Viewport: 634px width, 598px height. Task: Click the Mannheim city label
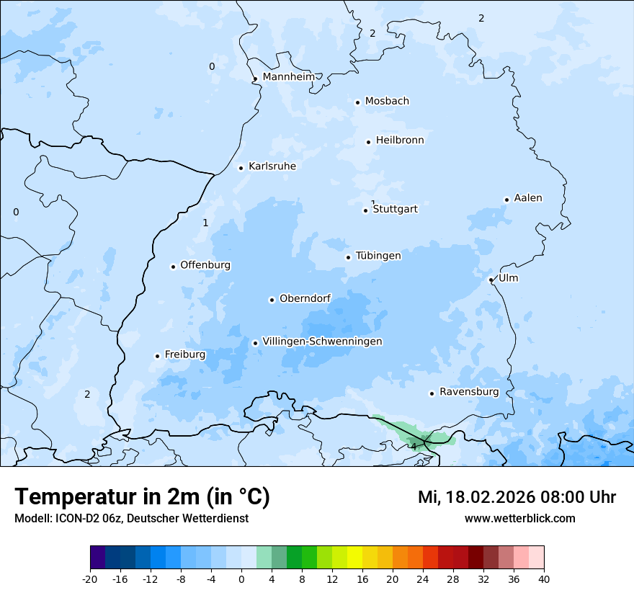tap(288, 77)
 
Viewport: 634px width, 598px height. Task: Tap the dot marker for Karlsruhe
tap(241, 168)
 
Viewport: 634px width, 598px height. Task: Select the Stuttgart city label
tap(395, 210)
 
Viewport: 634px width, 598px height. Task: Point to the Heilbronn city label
tap(400, 140)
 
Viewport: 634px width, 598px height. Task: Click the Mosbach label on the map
tap(387, 102)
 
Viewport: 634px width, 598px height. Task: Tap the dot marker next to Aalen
tap(506, 200)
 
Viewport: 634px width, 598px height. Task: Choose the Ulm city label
tap(508, 278)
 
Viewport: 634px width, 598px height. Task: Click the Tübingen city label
tap(378, 256)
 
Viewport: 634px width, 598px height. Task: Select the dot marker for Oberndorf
tap(272, 300)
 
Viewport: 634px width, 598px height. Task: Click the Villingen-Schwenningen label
tap(322, 342)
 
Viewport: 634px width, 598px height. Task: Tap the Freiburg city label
tap(185, 354)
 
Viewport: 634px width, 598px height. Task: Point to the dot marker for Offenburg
tap(173, 267)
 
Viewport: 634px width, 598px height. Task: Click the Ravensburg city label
tap(469, 392)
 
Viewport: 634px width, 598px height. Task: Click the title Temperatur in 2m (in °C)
tap(143, 497)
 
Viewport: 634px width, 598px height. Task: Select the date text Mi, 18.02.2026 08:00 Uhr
tap(517, 497)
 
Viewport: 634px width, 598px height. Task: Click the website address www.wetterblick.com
tap(519, 518)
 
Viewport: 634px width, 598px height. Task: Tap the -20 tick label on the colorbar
tap(90, 579)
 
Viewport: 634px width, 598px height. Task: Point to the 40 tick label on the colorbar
tap(544, 579)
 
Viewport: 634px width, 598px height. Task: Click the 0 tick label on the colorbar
tap(241, 579)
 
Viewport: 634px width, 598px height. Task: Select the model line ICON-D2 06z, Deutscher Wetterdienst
tap(131, 518)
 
